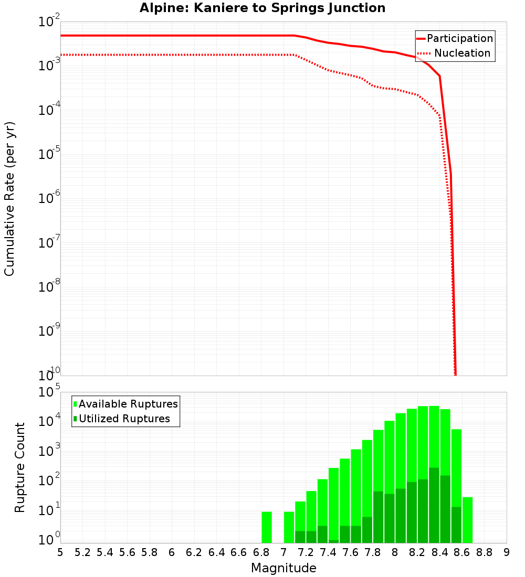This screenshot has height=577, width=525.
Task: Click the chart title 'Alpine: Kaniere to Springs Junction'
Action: [x=262, y=8]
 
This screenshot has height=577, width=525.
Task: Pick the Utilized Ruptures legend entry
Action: [x=124, y=419]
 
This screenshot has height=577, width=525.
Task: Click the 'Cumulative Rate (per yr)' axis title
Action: [x=9, y=199]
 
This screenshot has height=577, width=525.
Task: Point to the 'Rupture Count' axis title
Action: [x=20, y=467]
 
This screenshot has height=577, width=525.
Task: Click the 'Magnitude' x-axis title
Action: [x=283, y=568]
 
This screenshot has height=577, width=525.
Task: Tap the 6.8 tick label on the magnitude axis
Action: [x=261, y=552]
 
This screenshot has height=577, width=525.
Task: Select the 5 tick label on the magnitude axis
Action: [x=60, y=552]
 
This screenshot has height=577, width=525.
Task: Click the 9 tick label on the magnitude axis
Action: [x=507, y=552]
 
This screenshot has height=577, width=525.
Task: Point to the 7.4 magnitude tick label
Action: [x=328, y=552]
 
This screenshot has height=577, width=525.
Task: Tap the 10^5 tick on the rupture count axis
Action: [x=50, y=392]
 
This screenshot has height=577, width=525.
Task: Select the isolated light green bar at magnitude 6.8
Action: [x=267, y=527]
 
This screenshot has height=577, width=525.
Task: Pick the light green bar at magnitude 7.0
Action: [x=289, y=527]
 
